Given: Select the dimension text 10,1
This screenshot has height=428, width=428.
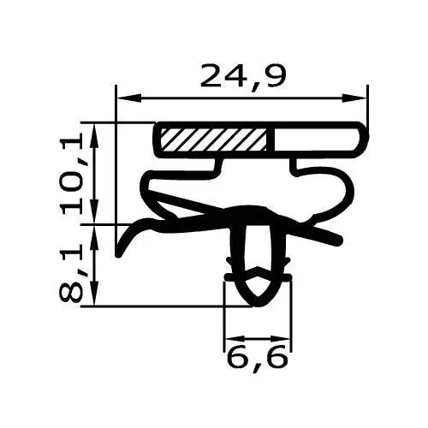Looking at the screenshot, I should point(77,171).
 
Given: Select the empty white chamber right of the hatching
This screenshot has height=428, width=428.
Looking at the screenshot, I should point(313,139).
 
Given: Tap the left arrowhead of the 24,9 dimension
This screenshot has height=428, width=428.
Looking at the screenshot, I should point(122,98).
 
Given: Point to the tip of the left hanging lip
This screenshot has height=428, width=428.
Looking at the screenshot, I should point(118,253).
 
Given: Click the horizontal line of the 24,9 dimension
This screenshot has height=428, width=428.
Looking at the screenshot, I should point(242,98).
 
